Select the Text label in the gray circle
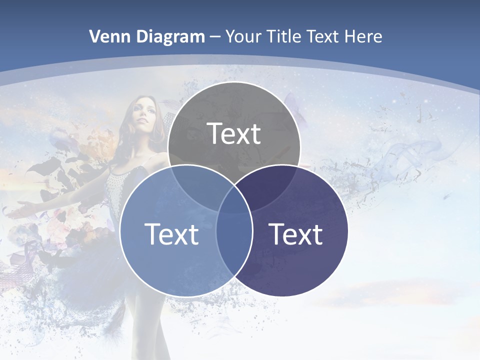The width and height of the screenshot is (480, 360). tap(234, 133)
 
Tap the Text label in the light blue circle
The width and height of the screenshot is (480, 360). tap(171, 234)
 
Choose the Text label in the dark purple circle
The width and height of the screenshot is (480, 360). tap(296, 234)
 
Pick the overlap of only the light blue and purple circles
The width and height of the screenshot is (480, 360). tap(234, 250)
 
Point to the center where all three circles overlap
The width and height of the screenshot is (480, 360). tap(234, 200)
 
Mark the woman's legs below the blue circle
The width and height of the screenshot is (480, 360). tap(145, 325)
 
